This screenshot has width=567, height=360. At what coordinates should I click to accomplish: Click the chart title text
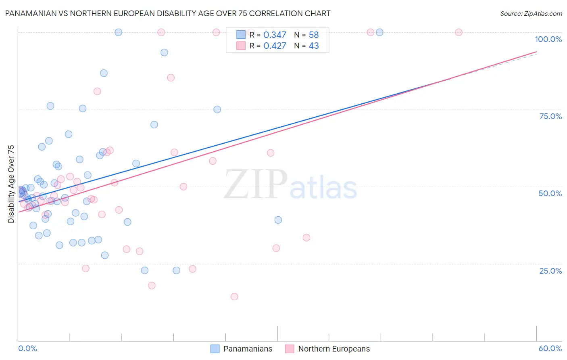click(168, 13)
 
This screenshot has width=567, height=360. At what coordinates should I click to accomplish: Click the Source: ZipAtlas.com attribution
click(531, 13)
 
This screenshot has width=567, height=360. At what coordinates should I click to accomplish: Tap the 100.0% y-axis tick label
click(548, 39)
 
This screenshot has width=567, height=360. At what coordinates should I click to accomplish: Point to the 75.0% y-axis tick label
click(550, 116)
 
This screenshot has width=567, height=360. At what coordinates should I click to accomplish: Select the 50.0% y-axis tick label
click(550, 193)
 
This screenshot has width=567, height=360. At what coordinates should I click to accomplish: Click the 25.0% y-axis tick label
click(550, 271)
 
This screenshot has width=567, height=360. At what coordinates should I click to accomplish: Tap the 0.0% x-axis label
click(27, 348)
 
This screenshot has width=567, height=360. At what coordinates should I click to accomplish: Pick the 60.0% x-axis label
click(550, 348)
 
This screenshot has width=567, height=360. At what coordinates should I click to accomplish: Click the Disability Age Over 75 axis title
click(11, 184)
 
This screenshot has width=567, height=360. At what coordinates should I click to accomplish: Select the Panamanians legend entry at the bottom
click(242, 349)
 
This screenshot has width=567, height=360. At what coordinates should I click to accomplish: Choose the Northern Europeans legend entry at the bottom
click(327, 349)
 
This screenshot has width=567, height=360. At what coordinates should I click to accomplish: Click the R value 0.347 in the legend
click(275, 35)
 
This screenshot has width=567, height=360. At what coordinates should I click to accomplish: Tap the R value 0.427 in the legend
click(275, 46)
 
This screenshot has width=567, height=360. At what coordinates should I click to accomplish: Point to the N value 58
click(314, 35)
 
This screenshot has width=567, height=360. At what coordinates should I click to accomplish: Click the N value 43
click(314, 46)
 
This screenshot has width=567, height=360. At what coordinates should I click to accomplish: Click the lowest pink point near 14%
click(234, 297)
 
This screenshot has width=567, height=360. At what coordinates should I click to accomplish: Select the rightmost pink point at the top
click(459, 32)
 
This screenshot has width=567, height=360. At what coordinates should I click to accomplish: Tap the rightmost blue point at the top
click(379, 32)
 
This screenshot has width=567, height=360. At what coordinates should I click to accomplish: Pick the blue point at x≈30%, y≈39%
click(278, 220)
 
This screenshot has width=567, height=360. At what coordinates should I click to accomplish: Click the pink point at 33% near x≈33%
click(306, 238)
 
